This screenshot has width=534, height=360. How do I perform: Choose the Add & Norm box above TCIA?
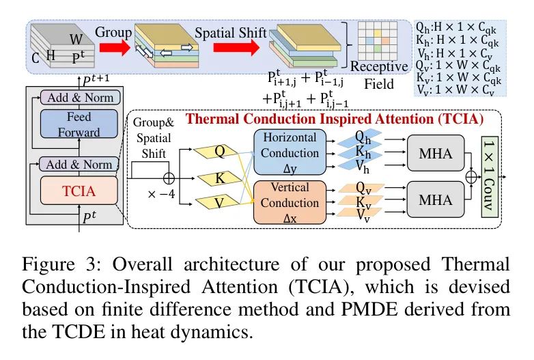[x=79, y=164]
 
